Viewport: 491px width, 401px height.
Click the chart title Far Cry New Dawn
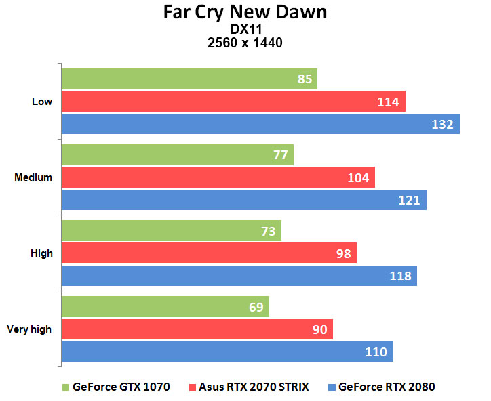click(245, 12)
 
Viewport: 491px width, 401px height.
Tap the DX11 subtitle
click(245, 29)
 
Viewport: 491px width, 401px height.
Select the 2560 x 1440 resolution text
click(245, 43)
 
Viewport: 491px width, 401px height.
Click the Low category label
click(42, 102)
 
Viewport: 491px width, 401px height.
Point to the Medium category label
click(33, 177)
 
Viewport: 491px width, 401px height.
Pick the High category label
click(41, 253)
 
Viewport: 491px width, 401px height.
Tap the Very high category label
click(29, 329)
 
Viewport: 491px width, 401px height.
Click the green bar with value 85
click(189, 79)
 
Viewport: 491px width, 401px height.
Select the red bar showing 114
click(233, 102)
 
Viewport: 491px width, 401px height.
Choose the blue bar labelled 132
click(260, 124)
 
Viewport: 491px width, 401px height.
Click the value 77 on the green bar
click(280, 155)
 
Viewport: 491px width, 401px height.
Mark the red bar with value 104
click(218, 177)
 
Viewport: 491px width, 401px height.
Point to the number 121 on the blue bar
click(409, 200)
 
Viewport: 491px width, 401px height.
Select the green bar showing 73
click(172, 230)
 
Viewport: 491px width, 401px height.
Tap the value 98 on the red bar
click(344, 253)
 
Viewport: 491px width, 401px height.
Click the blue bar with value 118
click(239, 276)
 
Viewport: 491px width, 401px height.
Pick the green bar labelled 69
click(165, 307)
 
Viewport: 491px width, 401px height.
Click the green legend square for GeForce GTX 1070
click(66, 387)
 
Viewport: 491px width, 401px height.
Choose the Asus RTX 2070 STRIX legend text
click(254, 387)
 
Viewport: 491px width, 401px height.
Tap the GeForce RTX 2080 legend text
click(387, 387)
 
